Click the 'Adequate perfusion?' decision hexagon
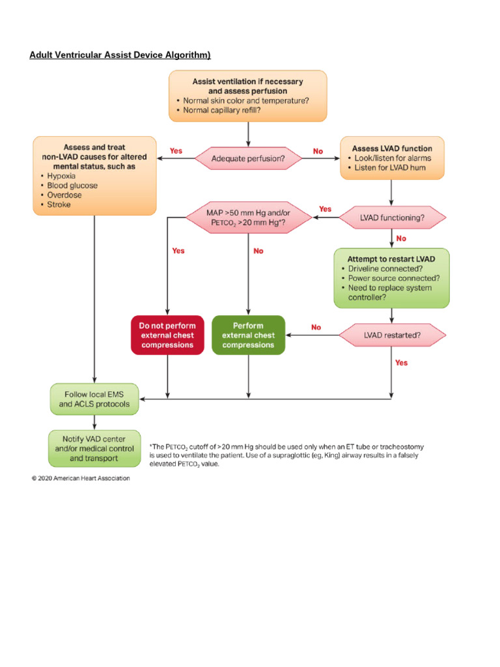point(248,158)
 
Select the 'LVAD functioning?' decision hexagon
point(392,218)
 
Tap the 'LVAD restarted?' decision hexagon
point(392,335)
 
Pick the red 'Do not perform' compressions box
point(167,335)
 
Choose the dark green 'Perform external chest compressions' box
point(248,335)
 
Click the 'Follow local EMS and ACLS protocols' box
point(94,399)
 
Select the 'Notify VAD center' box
point(94,448)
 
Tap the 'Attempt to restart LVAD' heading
point(391,259)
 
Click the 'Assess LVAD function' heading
point(391,148)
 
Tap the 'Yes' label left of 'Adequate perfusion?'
point(176,150)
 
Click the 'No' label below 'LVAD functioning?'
point(401,238)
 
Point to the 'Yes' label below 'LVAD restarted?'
point(402,362)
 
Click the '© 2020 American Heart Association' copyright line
point(81,478)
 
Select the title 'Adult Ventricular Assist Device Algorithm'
point(120,54)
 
